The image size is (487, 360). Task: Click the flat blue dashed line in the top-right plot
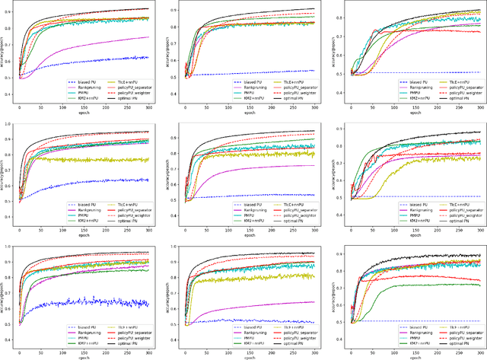coord(426,72)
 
